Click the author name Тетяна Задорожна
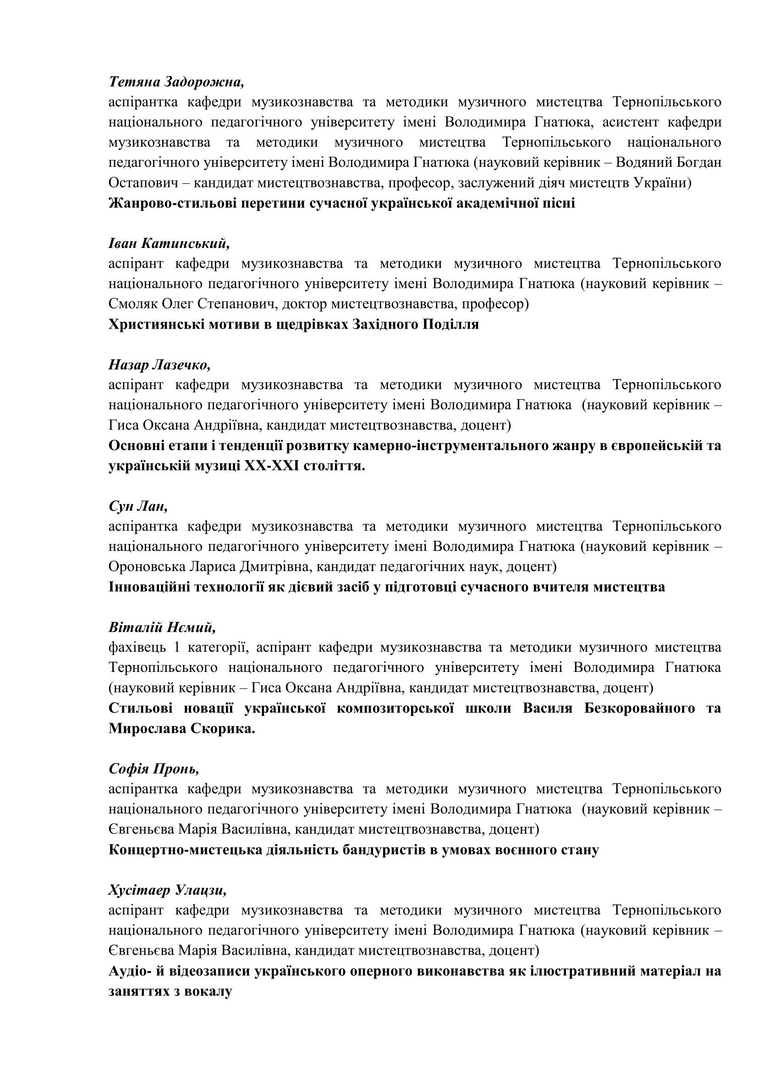(176, 82)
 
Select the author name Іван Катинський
(170, 244)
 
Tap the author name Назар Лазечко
(159, 365)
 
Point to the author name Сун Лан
(138, 506)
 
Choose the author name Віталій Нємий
(162, 627)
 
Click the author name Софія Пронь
(154, 769)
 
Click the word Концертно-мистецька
(185, 850)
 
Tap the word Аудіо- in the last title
(129, 971)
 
